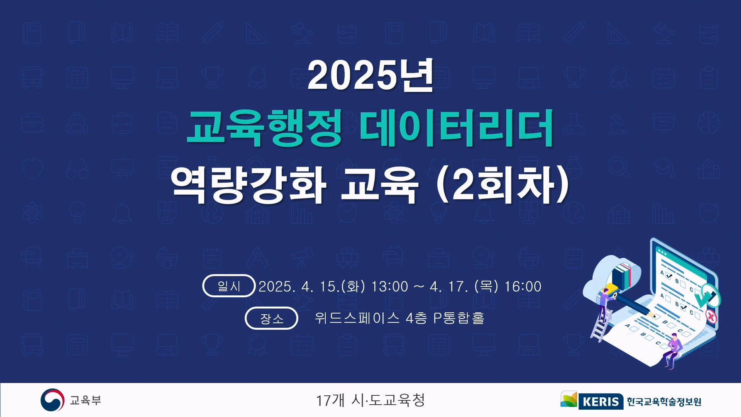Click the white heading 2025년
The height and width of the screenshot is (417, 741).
[370, 75]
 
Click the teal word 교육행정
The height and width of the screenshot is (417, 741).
[264, 128]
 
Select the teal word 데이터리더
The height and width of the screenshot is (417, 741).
[457, 128]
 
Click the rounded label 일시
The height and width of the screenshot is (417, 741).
[229, 286]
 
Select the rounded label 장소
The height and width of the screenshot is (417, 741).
[271, 318]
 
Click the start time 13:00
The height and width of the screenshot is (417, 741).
[389, 286]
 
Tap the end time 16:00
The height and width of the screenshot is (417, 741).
[523, 286]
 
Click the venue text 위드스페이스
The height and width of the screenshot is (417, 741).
[357, 318]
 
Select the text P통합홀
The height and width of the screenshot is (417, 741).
[459, 318]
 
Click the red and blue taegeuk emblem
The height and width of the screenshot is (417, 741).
[52, 400]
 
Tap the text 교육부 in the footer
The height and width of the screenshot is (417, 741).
[85, 400]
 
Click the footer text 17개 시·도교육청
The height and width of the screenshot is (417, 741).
[370, 400]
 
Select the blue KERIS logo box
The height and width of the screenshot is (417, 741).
[601, 402]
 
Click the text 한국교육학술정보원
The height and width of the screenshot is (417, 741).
[664, 402]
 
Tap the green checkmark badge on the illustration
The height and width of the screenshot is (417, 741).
[707, 295]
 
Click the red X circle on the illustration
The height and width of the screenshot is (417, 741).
[711, 317]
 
